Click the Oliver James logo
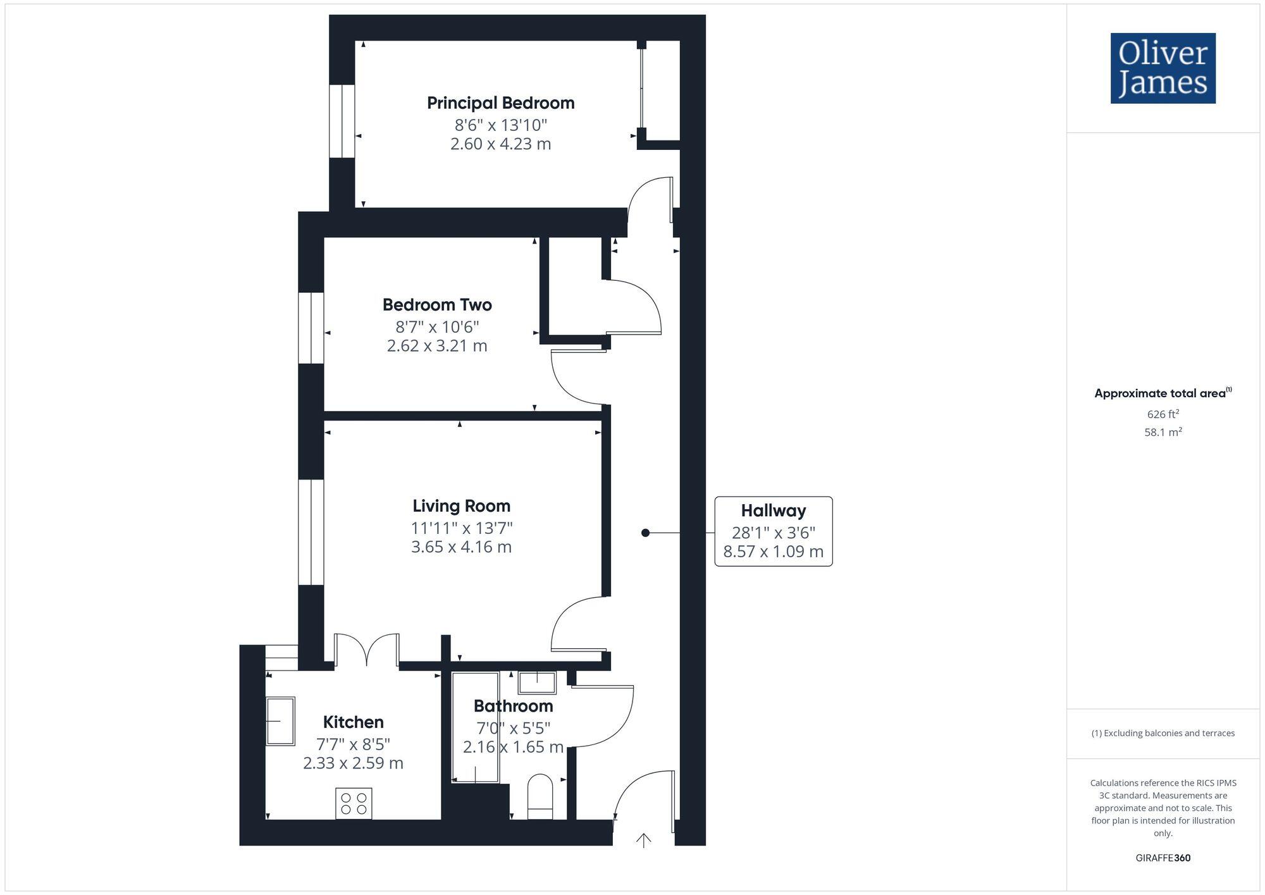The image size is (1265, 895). point(1163,68)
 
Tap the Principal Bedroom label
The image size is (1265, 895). point(500,103)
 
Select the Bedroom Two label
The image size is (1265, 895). point(437,305)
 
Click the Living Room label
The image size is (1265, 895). point(461,506)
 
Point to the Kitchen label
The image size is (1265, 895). point(353,722)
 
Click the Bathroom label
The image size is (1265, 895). point(513,706)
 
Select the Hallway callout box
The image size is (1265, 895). point(773,531)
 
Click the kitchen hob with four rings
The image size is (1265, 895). point(354,803)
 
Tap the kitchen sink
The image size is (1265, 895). point(280,721)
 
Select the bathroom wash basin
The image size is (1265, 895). point(537,683)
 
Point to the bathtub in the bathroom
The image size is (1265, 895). point(475,727)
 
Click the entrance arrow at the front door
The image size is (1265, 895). point(643,840)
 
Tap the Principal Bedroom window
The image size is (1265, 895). point(342,121)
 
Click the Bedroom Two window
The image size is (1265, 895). point(311,328)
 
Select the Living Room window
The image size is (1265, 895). point(311,532)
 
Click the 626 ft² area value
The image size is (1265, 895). point(1163,414)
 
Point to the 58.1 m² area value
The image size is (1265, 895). point(1163,433)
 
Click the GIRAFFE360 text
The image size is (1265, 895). point(1163,858)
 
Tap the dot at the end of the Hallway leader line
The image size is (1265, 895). point(645,533)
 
